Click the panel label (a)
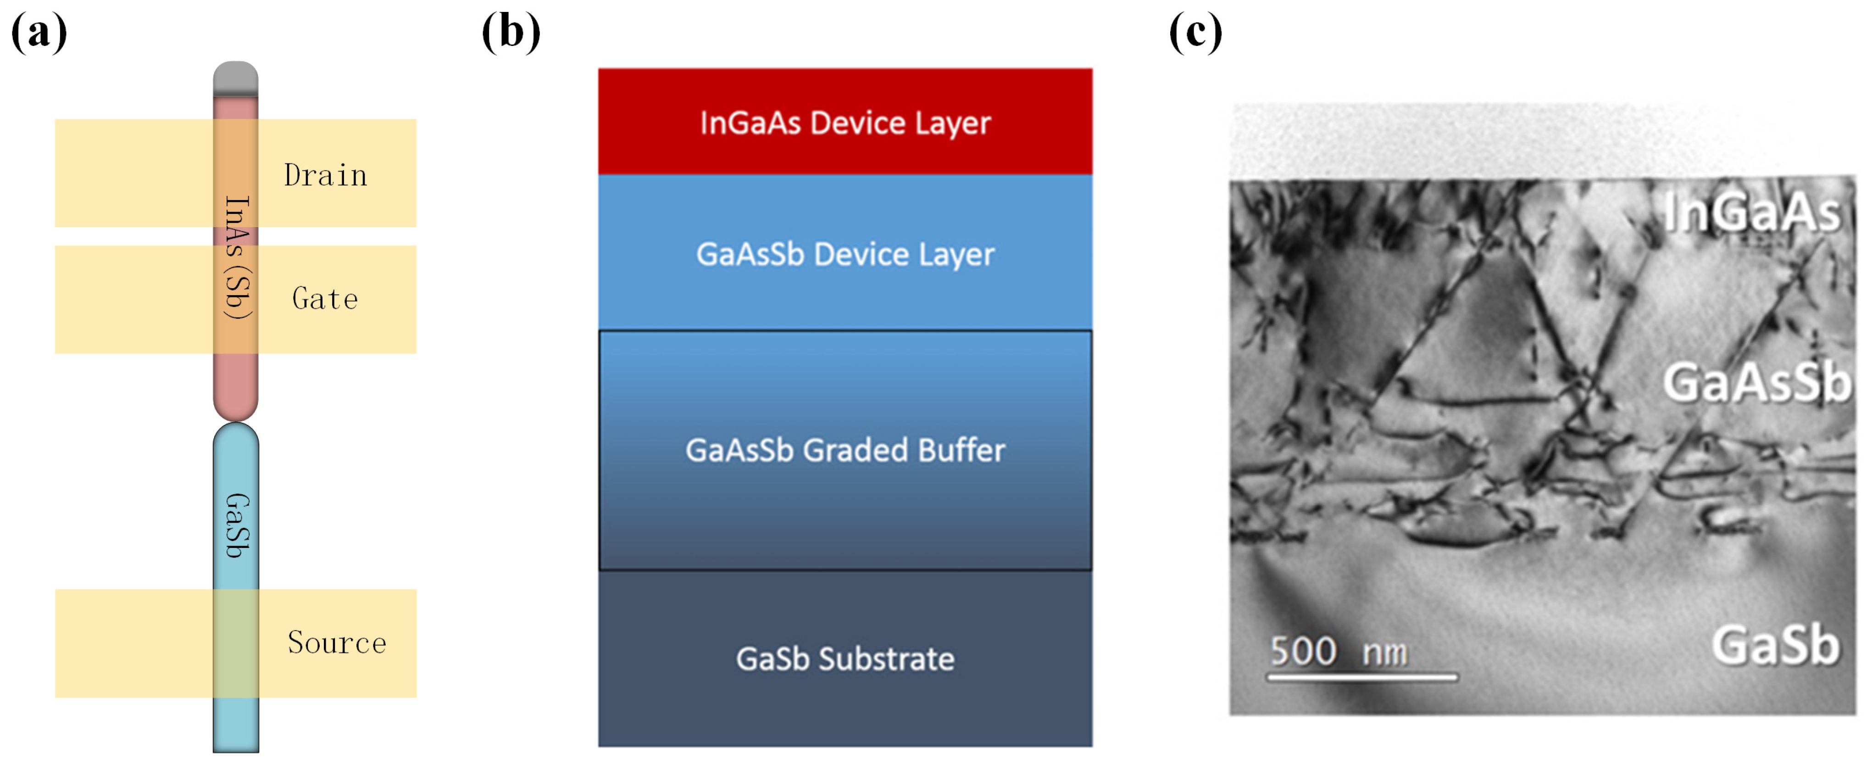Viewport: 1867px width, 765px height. (x=39, y=32)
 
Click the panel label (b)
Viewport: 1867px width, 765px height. (x=511, y=32)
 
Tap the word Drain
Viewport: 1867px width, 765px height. (x=325, y=175)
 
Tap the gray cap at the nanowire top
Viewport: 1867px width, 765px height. (x=235, y=78)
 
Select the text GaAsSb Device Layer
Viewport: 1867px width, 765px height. (x=845, y=254)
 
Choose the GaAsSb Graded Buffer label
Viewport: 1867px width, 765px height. (x=845, y=450)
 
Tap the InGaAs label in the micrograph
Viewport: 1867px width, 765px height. (x=1752, y=212)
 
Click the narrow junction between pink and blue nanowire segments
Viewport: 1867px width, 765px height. (x=235, y=422)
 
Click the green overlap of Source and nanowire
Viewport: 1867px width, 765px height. (x=235, y=643)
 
